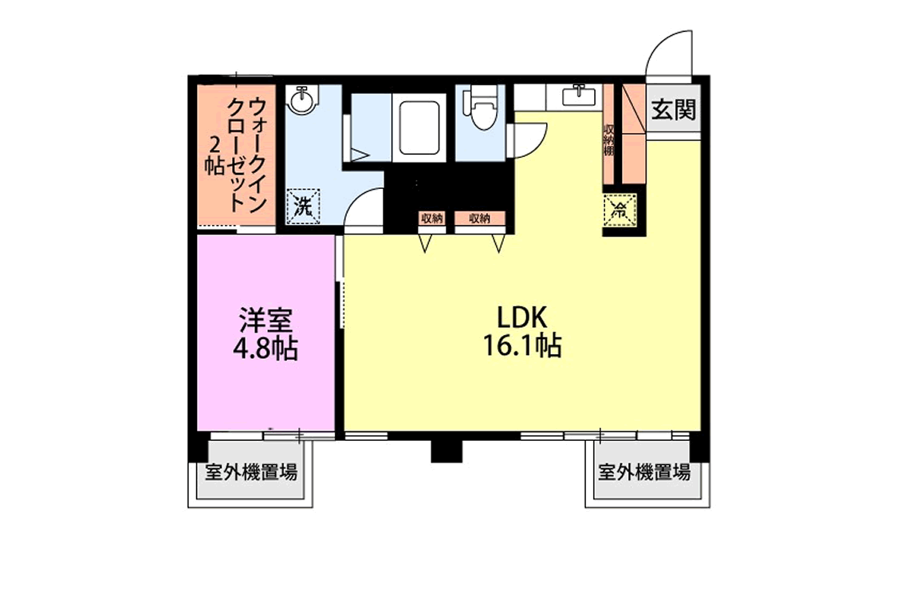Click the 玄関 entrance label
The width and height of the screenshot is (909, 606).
(x=673, y=109)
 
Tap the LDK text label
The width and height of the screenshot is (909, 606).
(x=521, y=318)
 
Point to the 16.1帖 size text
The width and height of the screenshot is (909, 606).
(x=521, y=346)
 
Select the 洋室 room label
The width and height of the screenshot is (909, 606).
(x=265, y=320)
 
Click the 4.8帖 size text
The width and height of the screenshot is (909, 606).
(x=265, y=348)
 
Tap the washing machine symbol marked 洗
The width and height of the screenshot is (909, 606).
(x=303, y=206)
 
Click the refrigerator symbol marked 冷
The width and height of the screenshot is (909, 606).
(x=620, y=210)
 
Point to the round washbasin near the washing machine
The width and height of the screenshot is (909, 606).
(x=302, y=100)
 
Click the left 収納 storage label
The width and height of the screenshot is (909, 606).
(x=432, y=218)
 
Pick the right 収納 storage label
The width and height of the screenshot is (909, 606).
(x=480, y=218)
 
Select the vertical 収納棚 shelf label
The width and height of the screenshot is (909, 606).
(x=608, y=140)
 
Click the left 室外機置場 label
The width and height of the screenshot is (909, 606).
(x=251, y=472)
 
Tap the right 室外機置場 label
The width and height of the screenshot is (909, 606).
(x=644, y=472)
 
